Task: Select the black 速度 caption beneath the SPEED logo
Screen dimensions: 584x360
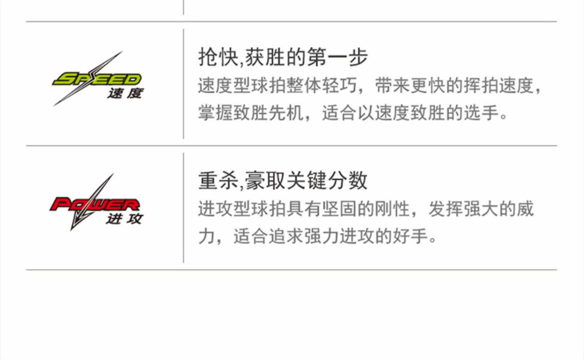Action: [x=125, y=94]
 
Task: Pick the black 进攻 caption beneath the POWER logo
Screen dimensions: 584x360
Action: [x=124, y=219]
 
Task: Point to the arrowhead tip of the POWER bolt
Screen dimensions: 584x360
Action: [x=71, y=230]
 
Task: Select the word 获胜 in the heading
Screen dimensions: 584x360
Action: [x=265, y=57]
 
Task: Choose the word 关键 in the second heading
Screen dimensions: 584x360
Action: [x=307, y=180]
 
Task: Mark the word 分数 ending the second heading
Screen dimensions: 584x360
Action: [x=348, y=180]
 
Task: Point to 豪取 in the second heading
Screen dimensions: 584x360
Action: [x=265, y=180]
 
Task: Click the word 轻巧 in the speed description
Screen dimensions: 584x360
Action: [x=339, y=85]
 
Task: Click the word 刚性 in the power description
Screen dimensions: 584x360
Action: [x=392, y=209]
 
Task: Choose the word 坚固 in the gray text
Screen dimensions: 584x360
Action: [x=339, y=209]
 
